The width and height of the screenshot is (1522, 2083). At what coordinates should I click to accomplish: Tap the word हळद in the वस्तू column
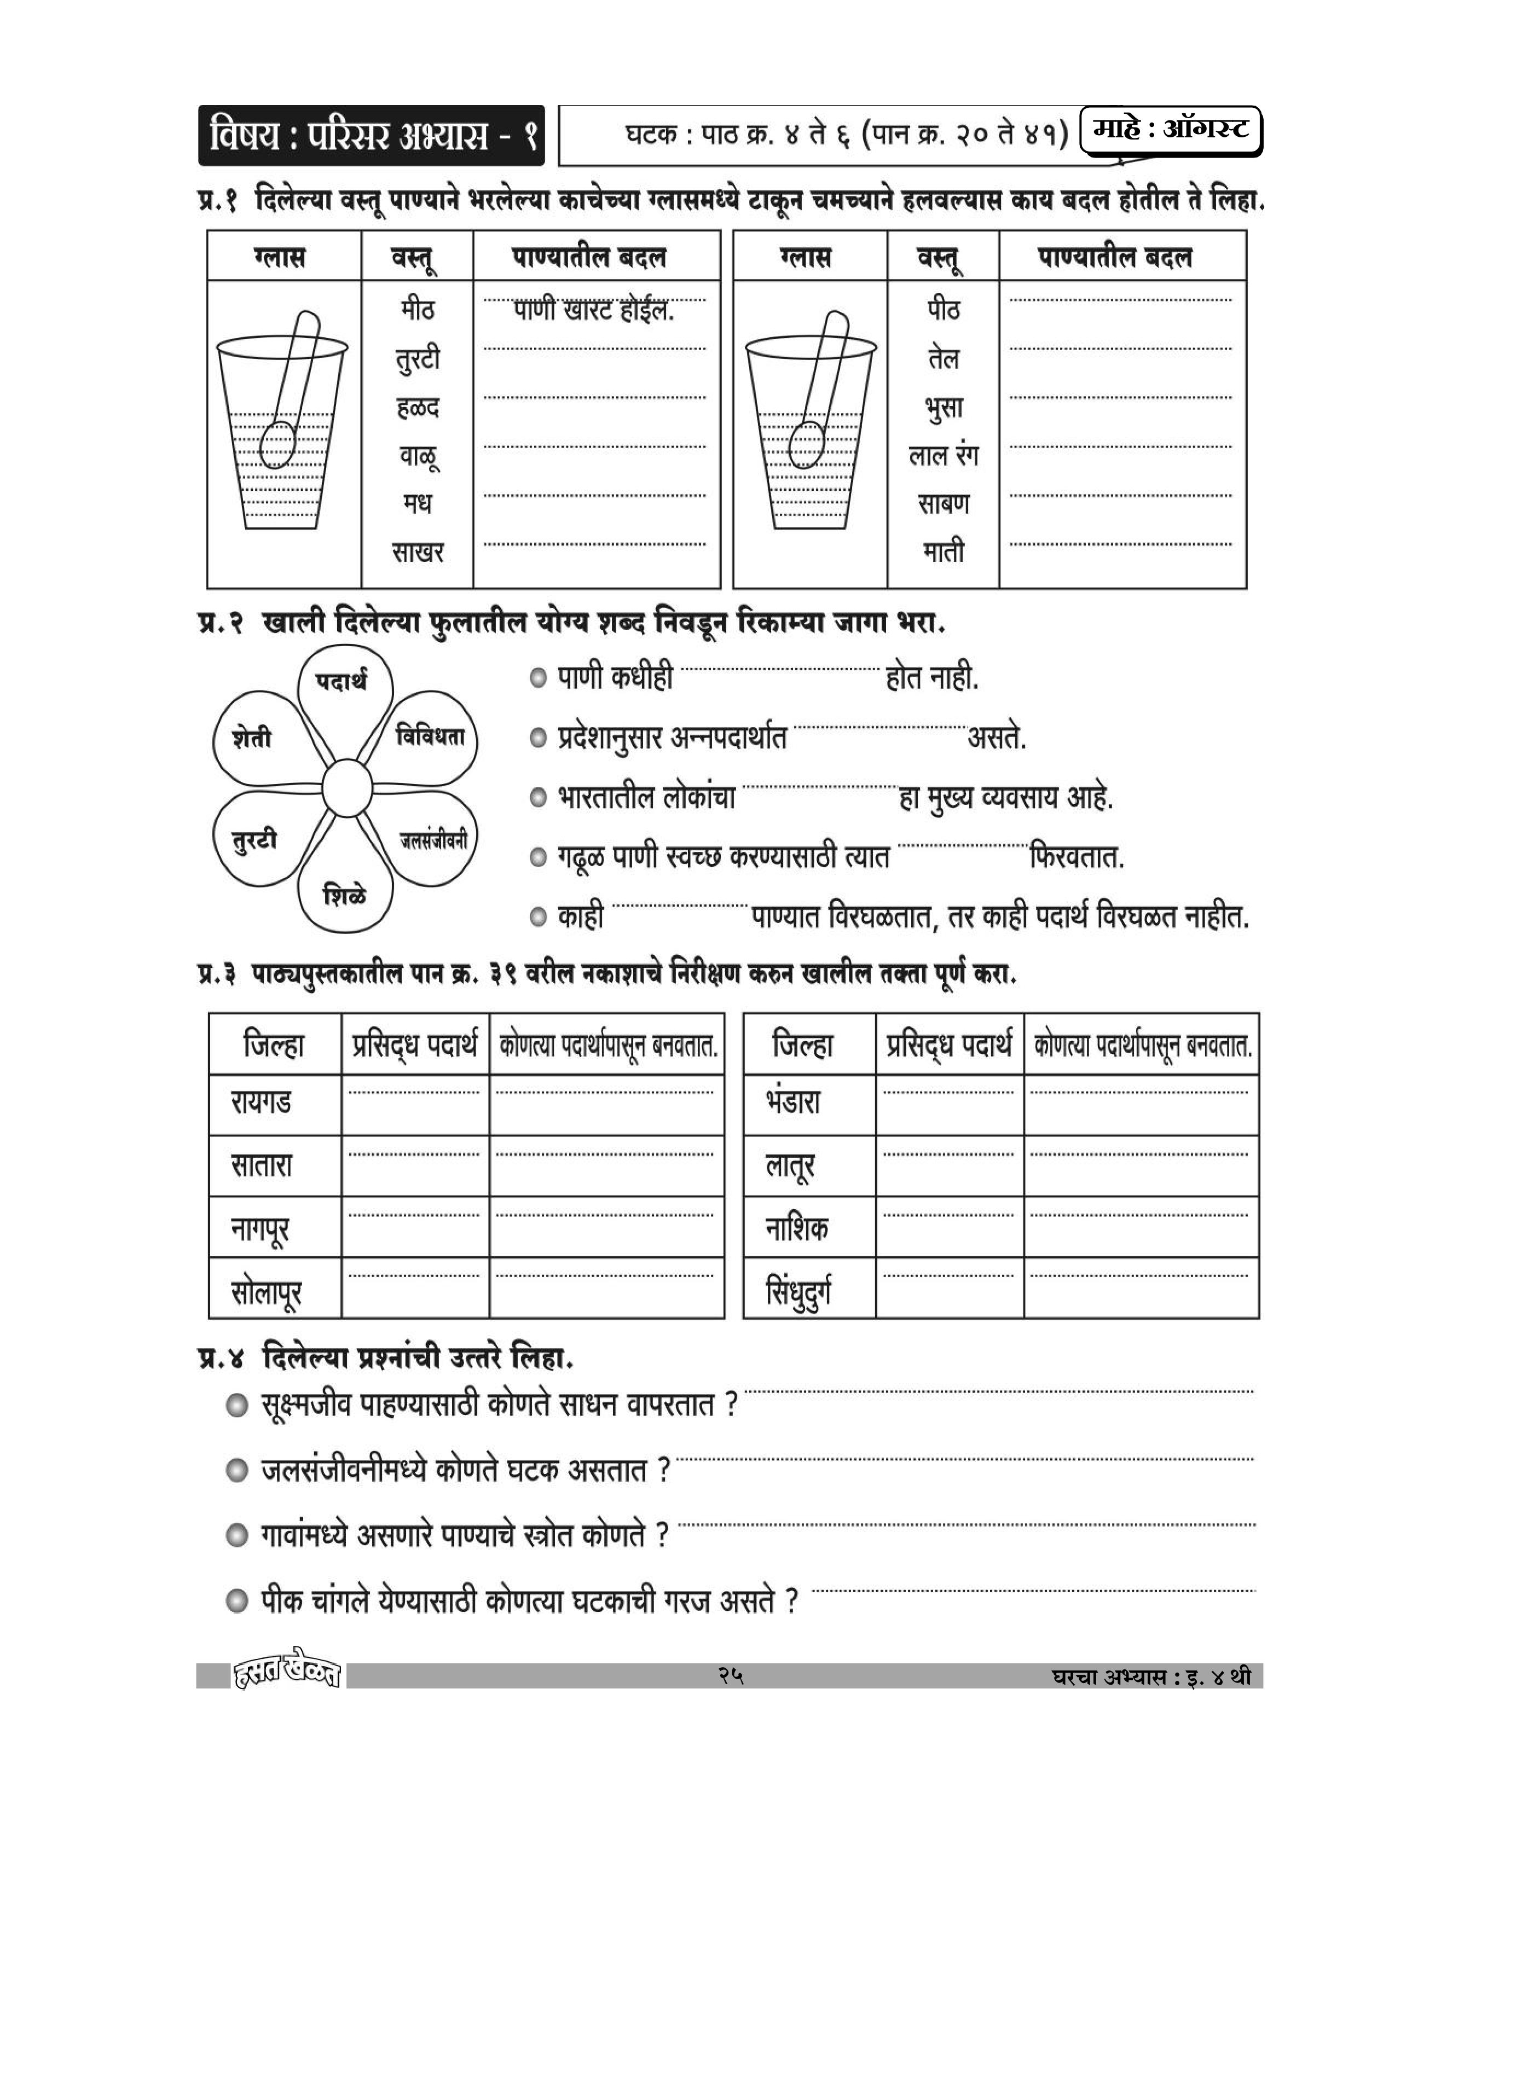pos(418,407)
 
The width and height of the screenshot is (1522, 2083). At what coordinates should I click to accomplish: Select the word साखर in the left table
pos(418,553)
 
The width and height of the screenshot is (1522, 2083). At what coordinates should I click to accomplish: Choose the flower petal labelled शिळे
pos(345,893)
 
